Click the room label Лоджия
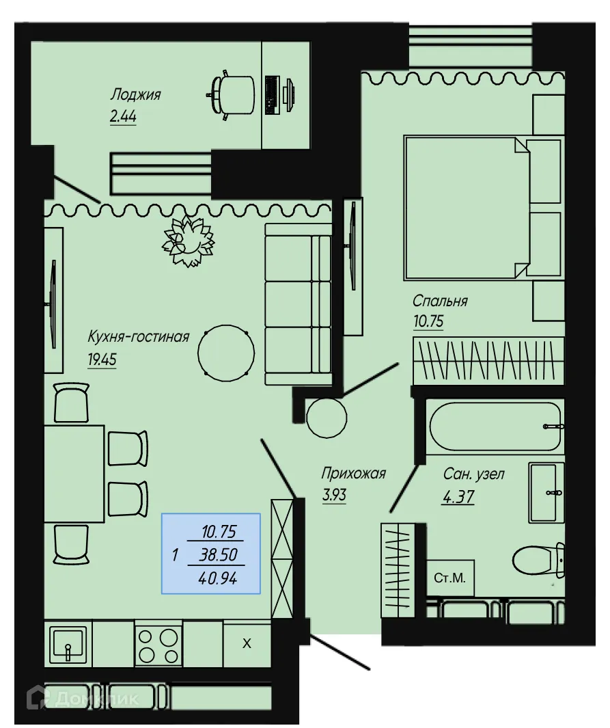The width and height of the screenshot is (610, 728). pos(137,94)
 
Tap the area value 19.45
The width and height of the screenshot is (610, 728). pos(102,359)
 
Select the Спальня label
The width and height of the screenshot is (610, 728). pos(440,301)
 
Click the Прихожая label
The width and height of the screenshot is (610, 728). pos(354,473)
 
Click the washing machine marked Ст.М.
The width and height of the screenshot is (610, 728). pos(449,578)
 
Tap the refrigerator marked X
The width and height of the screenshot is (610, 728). pos(247,643)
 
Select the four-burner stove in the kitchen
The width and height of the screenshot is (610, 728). pos(158,644)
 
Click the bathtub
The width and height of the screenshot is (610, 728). pos(495,426)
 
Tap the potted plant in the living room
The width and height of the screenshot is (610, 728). pos(187,241)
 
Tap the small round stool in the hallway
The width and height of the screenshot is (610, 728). pos(327,417)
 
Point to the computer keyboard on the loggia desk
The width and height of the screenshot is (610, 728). pos(271,94)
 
